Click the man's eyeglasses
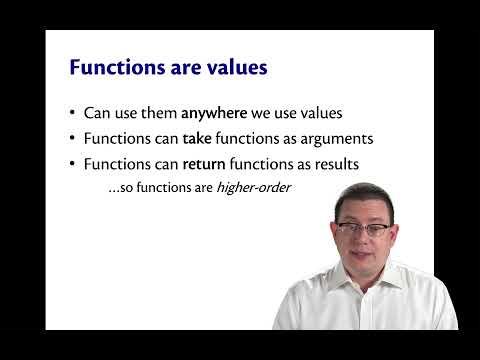point(364,229)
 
